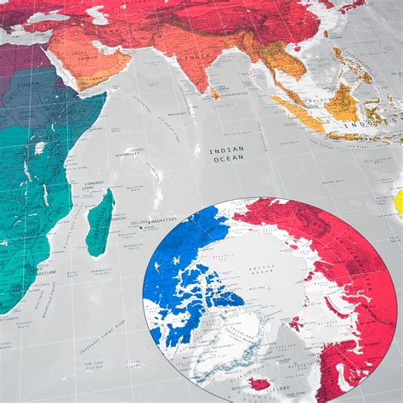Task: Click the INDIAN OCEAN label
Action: pos(227,153)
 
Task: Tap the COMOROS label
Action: pos(94,182)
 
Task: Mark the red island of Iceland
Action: pos(260,384)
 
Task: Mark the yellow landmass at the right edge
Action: pos(398,202)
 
